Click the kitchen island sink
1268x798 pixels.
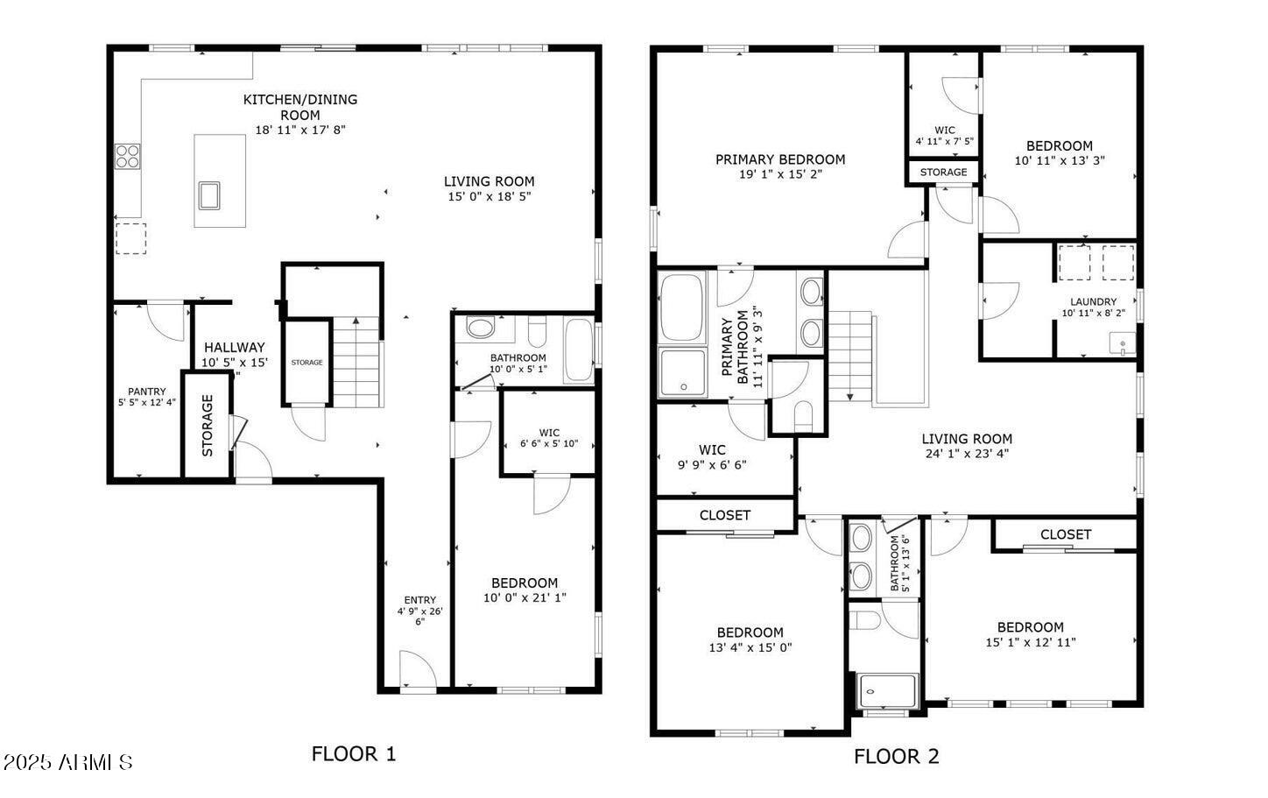209,195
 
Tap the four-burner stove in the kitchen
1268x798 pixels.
127,156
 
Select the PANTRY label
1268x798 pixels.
146,392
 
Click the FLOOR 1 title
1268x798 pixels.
354,754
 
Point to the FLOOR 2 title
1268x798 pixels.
896,756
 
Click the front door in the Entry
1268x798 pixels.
419,671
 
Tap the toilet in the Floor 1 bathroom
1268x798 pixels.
537,331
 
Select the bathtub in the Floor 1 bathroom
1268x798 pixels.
579,350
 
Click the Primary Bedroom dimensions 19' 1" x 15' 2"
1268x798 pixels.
780,174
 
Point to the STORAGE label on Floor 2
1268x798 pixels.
943,173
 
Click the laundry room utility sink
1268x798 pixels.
1123,343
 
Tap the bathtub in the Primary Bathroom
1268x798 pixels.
681,308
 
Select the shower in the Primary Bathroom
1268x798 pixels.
683,371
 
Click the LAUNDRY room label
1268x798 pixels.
1093,302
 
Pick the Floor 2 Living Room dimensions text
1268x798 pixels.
967,454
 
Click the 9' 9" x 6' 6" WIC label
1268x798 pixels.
712,465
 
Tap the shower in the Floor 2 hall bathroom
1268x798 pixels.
887,690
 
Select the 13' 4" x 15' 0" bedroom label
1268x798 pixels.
750,647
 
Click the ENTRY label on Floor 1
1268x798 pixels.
420,600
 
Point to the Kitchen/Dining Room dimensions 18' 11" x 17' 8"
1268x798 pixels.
300,130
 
